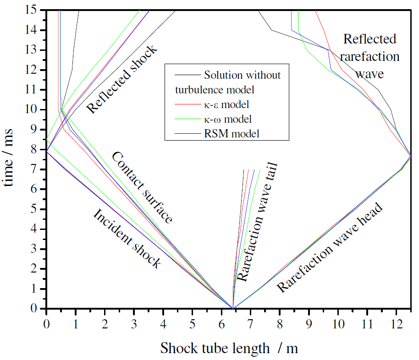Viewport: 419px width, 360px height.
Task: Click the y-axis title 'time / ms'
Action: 10,158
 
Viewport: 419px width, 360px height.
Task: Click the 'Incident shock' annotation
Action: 127,239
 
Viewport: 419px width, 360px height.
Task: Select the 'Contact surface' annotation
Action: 142,187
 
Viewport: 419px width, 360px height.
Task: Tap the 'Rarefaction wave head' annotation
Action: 330,248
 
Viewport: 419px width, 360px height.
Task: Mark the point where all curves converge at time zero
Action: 233,308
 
